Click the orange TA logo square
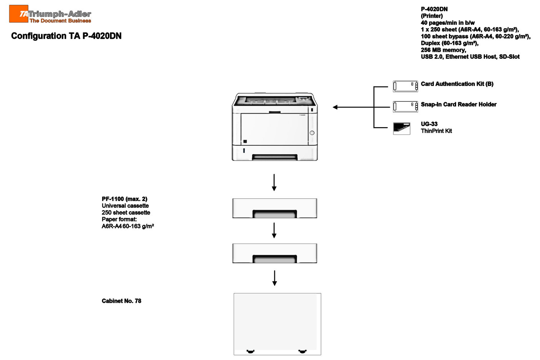pos(19,14)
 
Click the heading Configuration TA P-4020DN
pos(66,36)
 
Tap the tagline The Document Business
pos(60,21)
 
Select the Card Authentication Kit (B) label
pos(457,84)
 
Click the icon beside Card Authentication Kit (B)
pos(405,86)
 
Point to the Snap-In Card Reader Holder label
pos(459,104)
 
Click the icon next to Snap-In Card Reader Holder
pos(405,107)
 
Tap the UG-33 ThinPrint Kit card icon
pos(402,128)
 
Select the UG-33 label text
pos(429,124)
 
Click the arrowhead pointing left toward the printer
pos(335,107)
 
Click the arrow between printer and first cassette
pos(274,182)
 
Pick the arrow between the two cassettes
pos(274,230)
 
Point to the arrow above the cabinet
pos(274,278)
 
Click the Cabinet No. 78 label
pos(121,301)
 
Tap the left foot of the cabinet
pos(251,351)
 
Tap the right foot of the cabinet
pos(302,351)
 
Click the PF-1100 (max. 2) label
pos(125,199)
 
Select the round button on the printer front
pos(312,133)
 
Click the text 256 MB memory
pos(443,50)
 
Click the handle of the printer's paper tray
pos(275,157)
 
